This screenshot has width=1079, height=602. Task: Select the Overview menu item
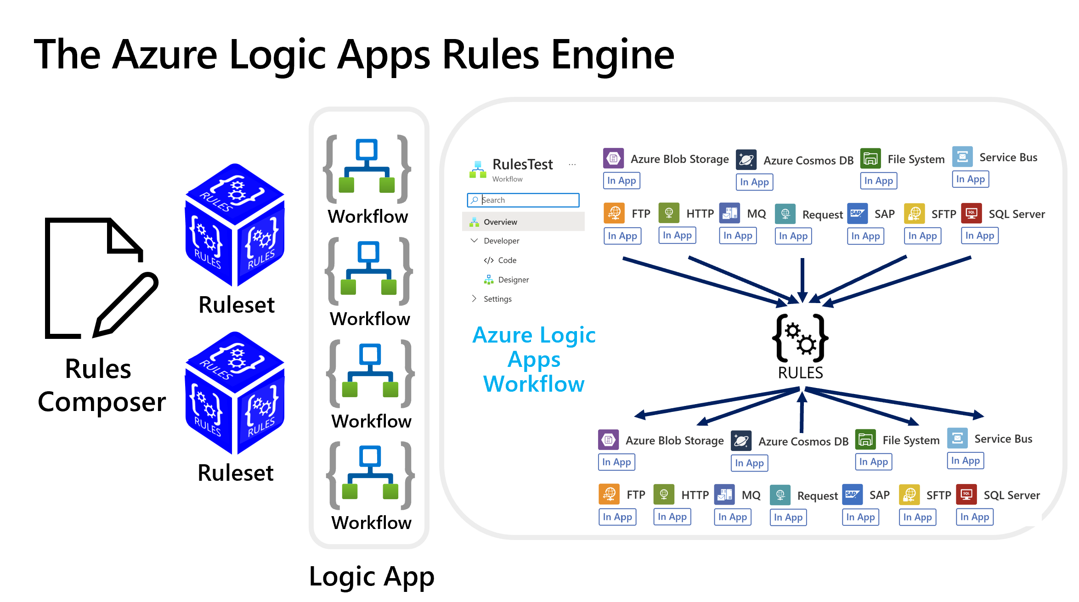pos(500,222)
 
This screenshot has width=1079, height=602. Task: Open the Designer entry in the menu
pos(513,280)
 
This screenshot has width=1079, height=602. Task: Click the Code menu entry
pos(507,260)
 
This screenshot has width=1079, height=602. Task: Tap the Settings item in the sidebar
pos(497,299)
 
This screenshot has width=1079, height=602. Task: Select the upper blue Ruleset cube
pos(235,225)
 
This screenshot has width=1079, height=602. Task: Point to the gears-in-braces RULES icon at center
pos(801,339)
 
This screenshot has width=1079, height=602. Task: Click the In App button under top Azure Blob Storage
pos(621,180)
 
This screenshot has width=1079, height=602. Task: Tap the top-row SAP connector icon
pos(857,214)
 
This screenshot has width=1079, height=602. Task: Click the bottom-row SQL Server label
pos(1011,495)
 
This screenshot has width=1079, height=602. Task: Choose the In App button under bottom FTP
pos(617,517)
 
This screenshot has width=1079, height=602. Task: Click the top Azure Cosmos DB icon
pos(746,160)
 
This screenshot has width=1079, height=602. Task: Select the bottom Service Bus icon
pos(957,439)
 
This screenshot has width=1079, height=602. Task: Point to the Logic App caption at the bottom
pos(371,577)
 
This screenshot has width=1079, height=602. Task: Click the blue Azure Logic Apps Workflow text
pos(534,360)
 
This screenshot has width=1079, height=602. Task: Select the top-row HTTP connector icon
pos(669,213)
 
